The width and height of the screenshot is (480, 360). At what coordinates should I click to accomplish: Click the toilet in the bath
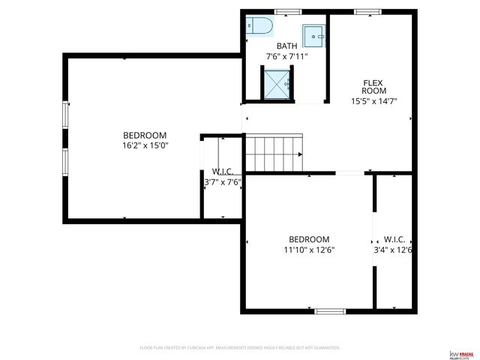point(258,26)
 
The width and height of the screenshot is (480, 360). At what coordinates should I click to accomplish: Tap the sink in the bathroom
point(314,34)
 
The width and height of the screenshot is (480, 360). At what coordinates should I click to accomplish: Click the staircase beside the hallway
point(274,153)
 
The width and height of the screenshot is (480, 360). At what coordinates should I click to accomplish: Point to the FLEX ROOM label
point(373,87)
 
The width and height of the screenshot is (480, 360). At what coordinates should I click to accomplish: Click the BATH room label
point(286,46)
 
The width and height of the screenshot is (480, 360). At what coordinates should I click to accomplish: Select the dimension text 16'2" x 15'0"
point(145,145)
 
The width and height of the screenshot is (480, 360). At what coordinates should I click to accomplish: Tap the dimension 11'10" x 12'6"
point(308,250)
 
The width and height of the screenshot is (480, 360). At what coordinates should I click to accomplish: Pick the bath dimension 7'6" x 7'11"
point(286,56)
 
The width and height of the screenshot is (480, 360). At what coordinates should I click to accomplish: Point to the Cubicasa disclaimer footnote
point(240,348)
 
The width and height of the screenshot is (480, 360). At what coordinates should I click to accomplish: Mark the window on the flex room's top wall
point(365,11)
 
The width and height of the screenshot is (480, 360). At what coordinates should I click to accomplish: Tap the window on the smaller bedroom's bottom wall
point(329,310)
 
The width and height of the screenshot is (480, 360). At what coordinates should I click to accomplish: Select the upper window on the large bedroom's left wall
point(65,116)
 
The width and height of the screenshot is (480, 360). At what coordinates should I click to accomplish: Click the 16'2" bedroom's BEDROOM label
point(145,135)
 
